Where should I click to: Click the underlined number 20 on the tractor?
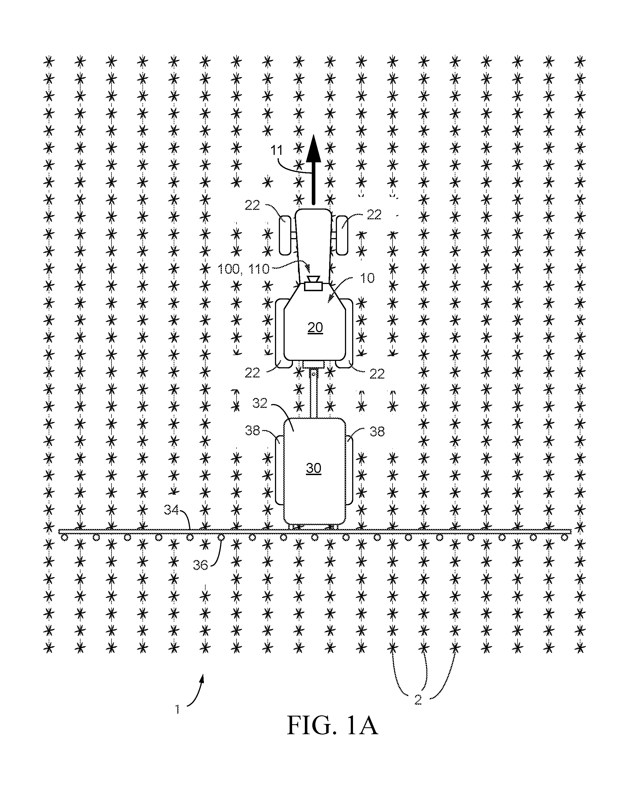[315, 327]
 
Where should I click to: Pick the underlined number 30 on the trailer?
[314, 468]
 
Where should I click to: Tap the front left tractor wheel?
[285, 235]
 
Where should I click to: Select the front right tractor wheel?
[342, 235]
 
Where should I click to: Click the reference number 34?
[172, 510]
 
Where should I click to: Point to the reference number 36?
[200, 565]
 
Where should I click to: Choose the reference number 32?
[260, 403]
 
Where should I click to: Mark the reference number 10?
[367, 278]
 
